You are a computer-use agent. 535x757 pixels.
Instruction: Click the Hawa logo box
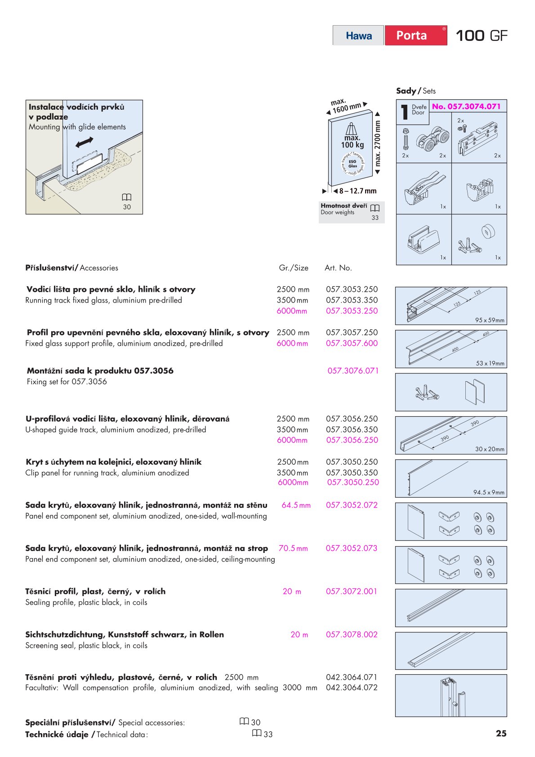358,36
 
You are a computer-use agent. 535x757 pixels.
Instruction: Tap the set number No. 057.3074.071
466,107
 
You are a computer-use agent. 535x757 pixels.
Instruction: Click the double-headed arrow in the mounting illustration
85,143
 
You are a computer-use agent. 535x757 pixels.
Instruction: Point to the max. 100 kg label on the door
352,141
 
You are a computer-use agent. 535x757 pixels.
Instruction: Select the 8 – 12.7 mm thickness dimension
358,191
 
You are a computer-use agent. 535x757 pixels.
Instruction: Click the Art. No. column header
338,268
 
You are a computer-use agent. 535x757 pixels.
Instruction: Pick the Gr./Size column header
294,268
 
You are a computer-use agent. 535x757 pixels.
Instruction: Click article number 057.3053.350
352,300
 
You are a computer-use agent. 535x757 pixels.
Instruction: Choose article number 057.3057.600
352,343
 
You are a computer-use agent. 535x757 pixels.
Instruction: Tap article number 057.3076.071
353,371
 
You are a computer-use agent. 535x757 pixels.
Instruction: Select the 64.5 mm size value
296,505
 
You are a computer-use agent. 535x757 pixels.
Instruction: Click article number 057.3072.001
351,592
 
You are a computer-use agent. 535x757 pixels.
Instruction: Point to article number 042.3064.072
352,688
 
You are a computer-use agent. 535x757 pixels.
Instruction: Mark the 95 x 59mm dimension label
490,321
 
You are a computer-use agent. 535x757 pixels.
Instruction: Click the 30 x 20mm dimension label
490,449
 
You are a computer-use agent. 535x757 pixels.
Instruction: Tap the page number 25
501,734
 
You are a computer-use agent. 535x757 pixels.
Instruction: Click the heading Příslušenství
50,268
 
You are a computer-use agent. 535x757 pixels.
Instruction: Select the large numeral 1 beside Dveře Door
405,112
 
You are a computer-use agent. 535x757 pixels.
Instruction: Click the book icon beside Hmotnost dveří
375,208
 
